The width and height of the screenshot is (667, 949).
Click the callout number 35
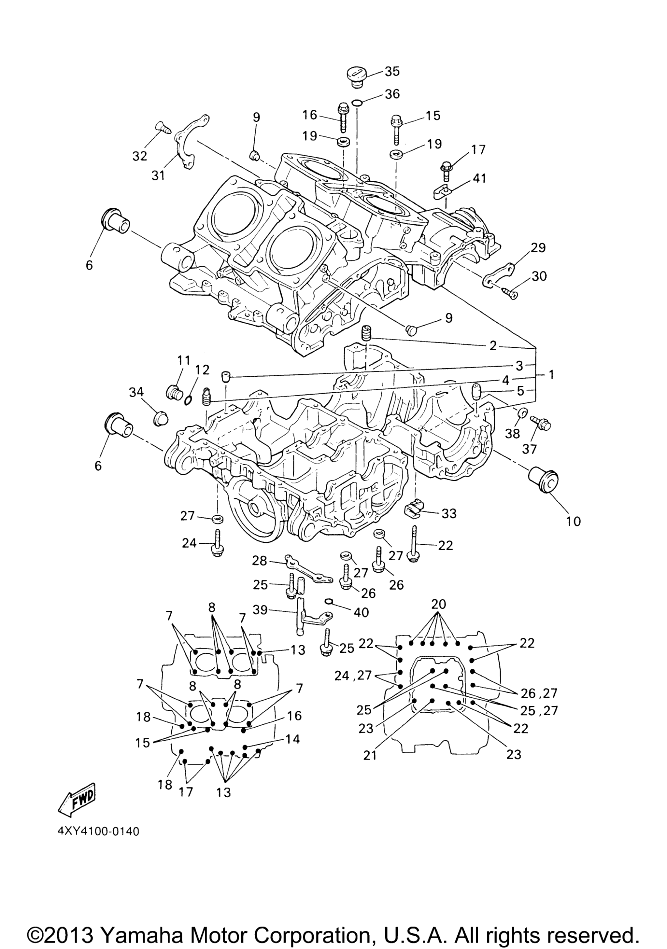tap(392, 72)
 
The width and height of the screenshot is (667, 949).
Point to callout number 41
tap(478, 178)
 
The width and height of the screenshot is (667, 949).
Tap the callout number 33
tap(449, 513)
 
